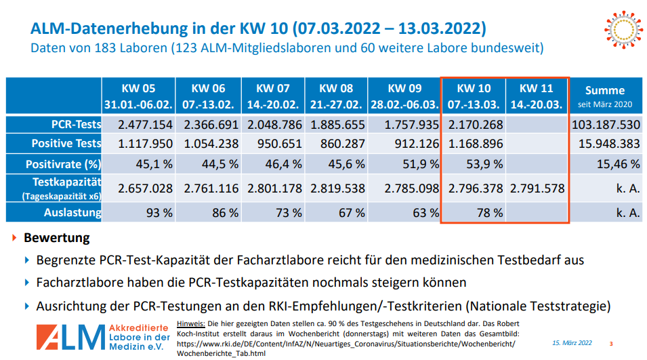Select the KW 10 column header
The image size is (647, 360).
(x=474, y=96)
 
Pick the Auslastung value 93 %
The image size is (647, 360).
(x=158, y=212)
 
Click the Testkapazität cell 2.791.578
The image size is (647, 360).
(x=537, y=188)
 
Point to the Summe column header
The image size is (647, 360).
(x=604, y=96)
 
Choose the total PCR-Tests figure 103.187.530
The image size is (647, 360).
(x=605, y=125)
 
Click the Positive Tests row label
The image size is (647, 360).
(x=66, y=144)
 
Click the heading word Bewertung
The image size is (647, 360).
(x=56, y=239)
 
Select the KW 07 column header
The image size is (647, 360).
(x=273, y=96)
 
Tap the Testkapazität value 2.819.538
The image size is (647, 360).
(x=337, y=188)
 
